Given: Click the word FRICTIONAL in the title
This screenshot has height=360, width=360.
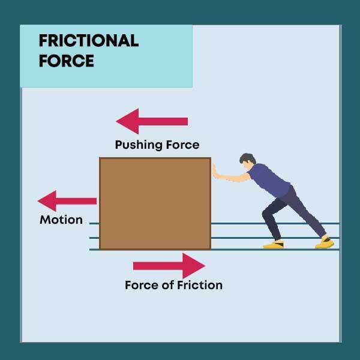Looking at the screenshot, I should point(88,41).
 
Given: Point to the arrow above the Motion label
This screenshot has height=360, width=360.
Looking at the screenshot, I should point(67,200).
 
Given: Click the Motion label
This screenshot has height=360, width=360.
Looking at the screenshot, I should point(61,220).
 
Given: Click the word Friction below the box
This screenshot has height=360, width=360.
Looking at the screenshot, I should point(200,285).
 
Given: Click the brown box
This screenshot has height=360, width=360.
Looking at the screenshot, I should point(155,203).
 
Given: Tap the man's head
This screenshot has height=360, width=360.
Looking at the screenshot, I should point(247,162).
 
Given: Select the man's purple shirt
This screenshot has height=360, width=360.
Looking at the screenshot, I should point(269,179).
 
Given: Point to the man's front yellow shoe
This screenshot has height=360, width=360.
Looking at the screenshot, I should point(274,245).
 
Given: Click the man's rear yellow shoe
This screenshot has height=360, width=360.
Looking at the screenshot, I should point(325,244).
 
